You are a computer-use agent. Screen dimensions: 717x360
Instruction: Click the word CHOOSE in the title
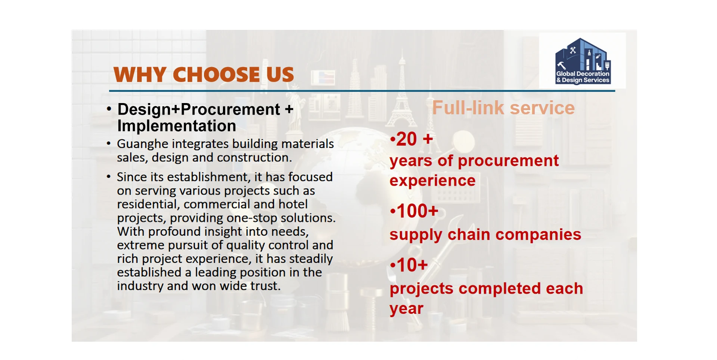click(216, 75)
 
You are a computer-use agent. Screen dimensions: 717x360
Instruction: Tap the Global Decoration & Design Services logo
click(583, 61)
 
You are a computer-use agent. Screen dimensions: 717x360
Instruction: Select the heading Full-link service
click(503, 108)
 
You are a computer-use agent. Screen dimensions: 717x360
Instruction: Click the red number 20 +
click(412, 139)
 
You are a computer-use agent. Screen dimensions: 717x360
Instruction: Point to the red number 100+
click(414, 211)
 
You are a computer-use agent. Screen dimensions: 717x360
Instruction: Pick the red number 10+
click(409, 265)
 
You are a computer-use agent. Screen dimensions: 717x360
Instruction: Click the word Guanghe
click(142, 145)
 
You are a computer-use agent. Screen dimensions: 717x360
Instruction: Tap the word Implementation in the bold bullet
click(177, 126)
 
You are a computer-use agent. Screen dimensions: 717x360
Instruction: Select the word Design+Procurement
click(199, 110)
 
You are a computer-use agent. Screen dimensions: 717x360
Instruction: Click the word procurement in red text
click(508, 161)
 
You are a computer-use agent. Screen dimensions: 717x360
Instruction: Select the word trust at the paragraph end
click(265, 286)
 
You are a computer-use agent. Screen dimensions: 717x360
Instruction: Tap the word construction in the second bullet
click(254, 158)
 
